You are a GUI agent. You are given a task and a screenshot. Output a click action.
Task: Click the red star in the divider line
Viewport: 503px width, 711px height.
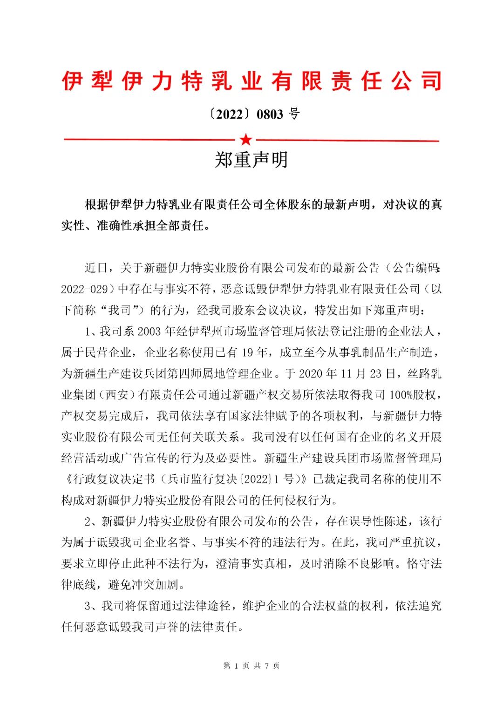tap(245, 140)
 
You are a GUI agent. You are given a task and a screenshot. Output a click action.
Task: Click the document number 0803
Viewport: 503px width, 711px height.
tap(270, 115)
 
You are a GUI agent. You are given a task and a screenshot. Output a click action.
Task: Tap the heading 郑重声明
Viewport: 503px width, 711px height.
tap(251, 160)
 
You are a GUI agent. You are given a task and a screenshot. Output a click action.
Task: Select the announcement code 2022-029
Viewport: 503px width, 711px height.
tap(84, 289)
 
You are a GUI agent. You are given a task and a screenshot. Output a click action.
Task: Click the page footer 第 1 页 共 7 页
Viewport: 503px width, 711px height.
tap(251, 666)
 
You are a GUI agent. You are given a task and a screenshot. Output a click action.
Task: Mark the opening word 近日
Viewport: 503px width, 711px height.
tap(96, 268)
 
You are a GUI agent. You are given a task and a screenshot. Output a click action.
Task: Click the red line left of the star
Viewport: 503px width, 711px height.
tap(149, 140)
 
